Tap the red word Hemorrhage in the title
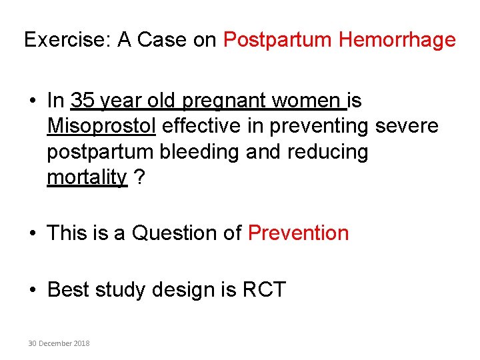397,40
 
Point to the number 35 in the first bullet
81,101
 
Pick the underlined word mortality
87,177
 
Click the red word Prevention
298,233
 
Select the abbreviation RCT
263,289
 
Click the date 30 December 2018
59,343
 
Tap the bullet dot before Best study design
33,290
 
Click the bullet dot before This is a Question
33,233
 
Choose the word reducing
327,152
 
